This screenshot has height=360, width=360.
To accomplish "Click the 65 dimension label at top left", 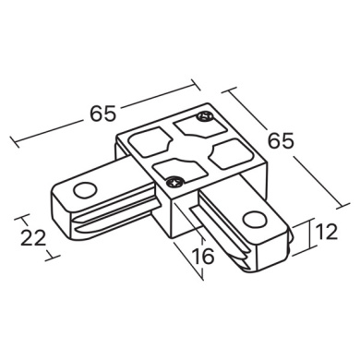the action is coord(102,113).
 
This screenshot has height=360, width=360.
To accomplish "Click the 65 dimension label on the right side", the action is coord(281,140).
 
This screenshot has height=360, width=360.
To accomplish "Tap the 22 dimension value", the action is coord(33,238).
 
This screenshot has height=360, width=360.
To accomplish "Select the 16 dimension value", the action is coord(202,256).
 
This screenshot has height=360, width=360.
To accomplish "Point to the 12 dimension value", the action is coord(326,232).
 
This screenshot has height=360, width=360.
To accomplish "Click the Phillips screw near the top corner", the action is coord(205,116).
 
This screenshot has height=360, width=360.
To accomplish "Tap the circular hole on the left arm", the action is coord(86,190).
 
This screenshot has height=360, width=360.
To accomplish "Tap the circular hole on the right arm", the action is coord(254,219).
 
